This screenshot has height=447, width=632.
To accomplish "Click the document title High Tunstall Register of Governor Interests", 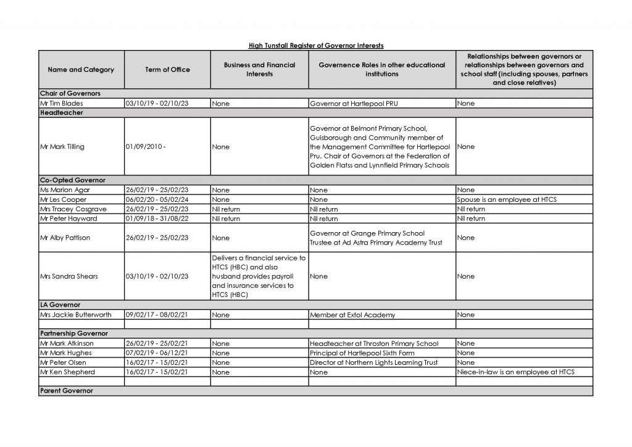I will [315, 45].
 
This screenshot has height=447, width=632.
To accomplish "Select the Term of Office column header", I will [167, 70].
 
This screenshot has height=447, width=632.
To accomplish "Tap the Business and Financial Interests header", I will [259, 70].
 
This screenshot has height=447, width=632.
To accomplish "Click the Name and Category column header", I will [81, 70].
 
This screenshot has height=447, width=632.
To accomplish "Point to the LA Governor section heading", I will [60, 305].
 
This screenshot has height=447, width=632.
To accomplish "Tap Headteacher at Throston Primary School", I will [374, 343].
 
